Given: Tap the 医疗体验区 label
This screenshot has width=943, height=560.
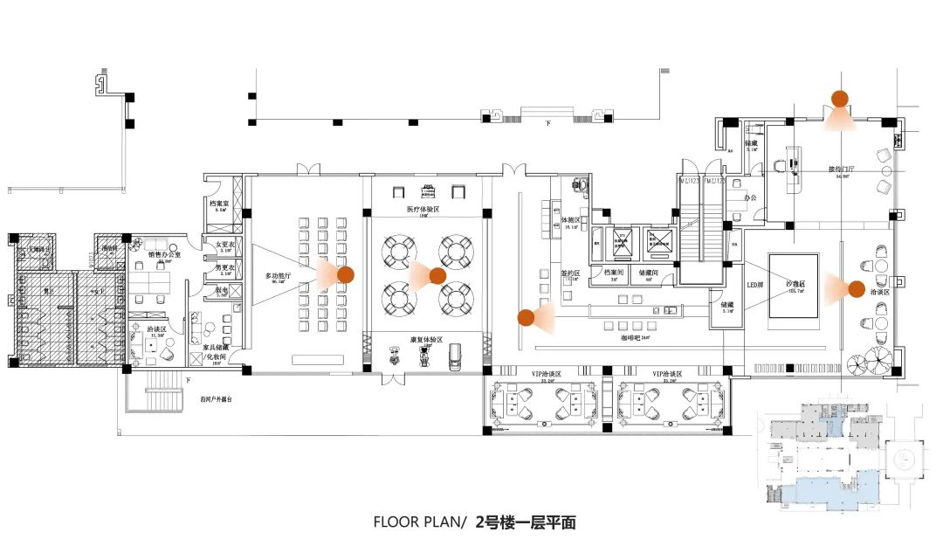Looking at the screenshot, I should click(424, 210).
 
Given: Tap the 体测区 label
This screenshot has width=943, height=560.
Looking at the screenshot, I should click(571, 221).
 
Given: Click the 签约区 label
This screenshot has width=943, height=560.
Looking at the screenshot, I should click(570, 274).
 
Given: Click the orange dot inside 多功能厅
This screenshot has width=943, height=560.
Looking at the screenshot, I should click(346, 274).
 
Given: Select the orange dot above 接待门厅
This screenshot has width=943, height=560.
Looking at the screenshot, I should click(840, 99).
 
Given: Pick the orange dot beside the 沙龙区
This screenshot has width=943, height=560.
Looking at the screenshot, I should click(857, 288).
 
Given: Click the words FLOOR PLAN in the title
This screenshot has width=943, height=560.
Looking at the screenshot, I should click(419, 523).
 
